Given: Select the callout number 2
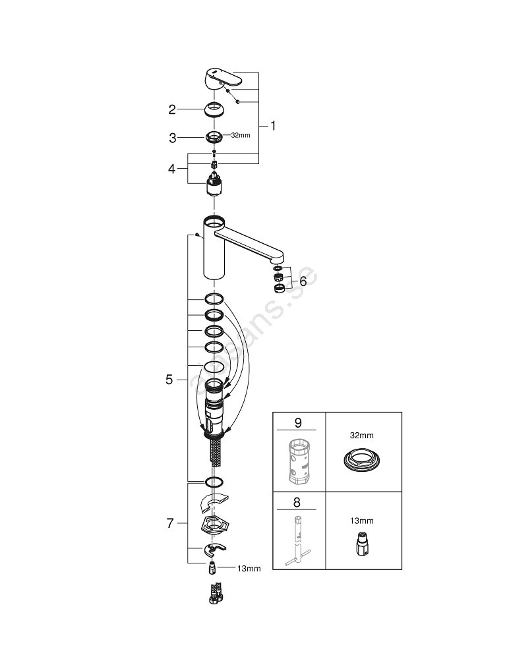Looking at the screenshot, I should coord(172,109).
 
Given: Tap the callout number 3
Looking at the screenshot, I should coord(172,138).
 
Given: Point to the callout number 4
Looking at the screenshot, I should coord(172,169).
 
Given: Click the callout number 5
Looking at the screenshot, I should coord(169,380).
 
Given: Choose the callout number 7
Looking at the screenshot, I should coord(170,524).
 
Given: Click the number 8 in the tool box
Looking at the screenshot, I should coord(297,501).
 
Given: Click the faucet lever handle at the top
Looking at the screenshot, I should coord(224,78).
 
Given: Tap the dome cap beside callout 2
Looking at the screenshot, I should coord(214,109).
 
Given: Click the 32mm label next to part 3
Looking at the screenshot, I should coord(240,136).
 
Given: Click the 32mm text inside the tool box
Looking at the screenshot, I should coord(361,436).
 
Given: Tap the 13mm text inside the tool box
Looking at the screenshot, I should coord(361,521).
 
